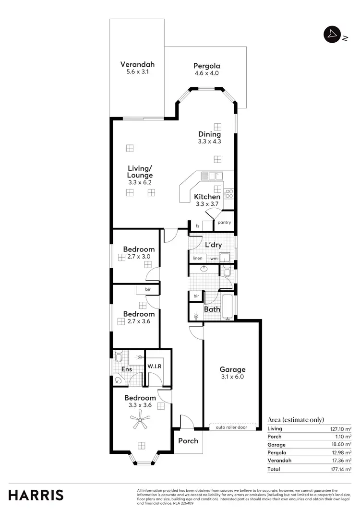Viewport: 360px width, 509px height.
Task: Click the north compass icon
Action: [332, 34]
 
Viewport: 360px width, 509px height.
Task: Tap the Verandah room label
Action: [137, 64]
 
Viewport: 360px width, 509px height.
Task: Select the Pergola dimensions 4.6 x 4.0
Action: [206, 73]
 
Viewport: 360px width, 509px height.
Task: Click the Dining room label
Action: [209, 134]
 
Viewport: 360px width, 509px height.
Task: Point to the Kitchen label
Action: [207, 197]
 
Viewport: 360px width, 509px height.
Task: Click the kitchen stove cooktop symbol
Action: [229, 194]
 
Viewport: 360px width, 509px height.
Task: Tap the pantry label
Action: [224, 223]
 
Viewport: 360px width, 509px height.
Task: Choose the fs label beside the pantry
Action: [197, 225]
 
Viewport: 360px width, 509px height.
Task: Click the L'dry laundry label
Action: [213, 245]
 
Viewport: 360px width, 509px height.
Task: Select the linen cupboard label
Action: [197, 259]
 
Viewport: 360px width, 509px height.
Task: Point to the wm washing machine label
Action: [214, 259]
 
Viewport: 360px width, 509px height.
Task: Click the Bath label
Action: [212, 309]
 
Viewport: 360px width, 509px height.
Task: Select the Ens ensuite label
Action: [126, 369]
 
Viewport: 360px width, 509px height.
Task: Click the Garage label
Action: [232, 369]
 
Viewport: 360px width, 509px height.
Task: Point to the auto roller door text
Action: [231, 427]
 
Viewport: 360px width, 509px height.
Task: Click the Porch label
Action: [188, 440]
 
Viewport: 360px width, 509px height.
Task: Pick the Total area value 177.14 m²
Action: [341, 469]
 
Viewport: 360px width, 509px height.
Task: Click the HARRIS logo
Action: [36, 495]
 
